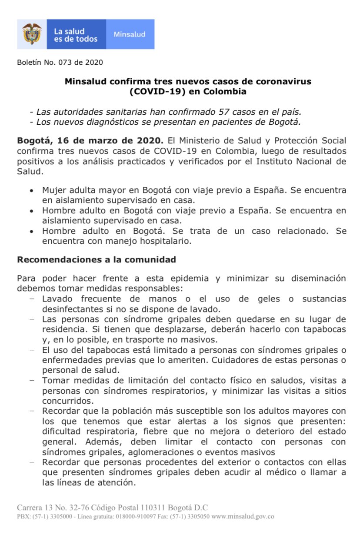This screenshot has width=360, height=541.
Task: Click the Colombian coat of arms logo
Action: (32, 34)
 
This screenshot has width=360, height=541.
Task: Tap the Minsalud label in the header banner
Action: (130, 34)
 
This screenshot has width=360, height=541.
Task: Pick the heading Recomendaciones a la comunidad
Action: (96, 260)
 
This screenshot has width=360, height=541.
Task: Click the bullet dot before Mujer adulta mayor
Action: (30, 191)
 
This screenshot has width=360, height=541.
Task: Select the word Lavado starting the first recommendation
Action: (57, 299)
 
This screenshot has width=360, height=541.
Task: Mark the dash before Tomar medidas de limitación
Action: (32, 380)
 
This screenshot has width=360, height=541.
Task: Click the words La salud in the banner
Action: (69, 31)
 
